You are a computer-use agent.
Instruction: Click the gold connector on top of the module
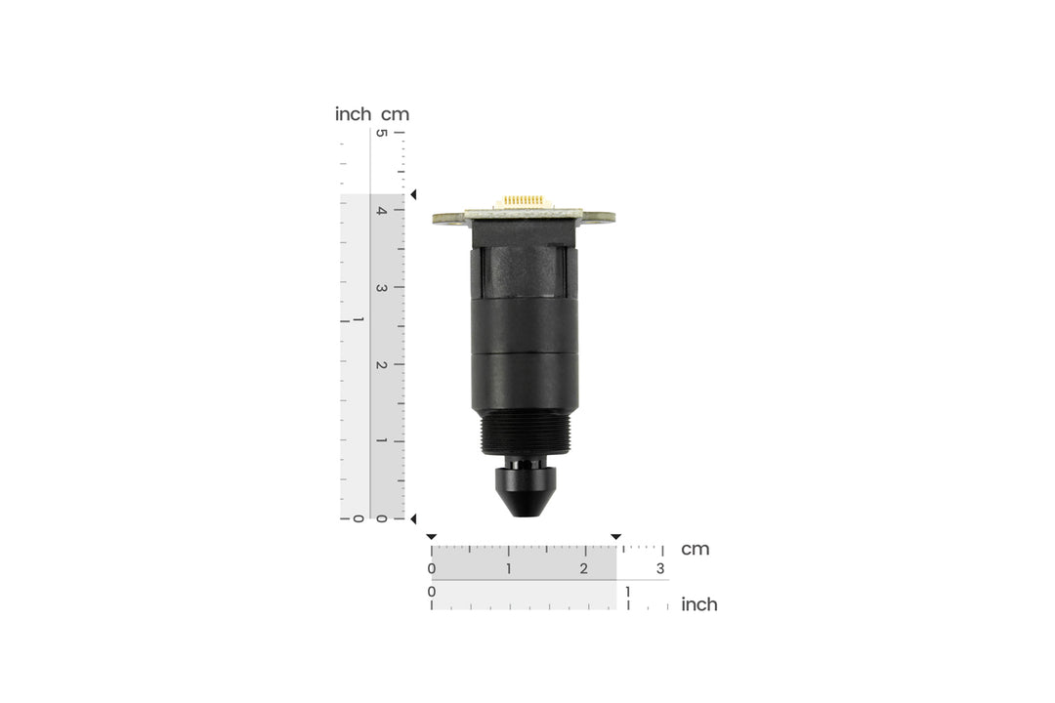coord(525,201)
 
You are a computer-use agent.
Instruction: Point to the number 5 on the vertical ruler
coord(383,134)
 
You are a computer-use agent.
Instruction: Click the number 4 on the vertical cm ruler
coord(383,211)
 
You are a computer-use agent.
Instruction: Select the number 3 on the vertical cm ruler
coord(383,288)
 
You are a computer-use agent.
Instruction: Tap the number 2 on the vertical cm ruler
coord(383,365)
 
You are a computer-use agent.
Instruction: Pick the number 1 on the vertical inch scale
coord(358,321)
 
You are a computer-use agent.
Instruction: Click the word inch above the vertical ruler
coord(353,114)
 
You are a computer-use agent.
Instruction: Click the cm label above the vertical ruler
coord(395,114)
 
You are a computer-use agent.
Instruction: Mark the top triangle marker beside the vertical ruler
coord(412,195)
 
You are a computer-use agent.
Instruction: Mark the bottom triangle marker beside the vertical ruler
coord(412,518)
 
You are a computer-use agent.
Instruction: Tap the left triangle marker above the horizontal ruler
coord(432,537)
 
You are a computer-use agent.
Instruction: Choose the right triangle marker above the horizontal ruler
coord(615,537)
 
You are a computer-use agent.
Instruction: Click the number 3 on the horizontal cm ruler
coord(660,569)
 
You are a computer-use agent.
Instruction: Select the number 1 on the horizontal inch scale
coord(628,592)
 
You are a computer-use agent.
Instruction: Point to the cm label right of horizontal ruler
coord(695,549)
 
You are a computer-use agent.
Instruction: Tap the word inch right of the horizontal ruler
coord(698,604)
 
